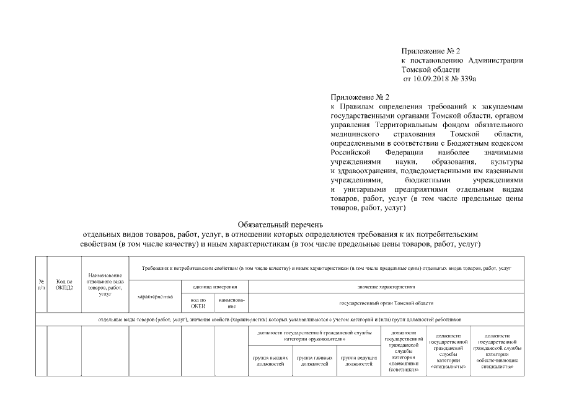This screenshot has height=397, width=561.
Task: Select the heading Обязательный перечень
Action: [x=280, y=225]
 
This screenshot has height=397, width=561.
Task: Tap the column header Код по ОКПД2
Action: [x=64, y=284]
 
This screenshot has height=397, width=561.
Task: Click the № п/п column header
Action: [x=42, y=284]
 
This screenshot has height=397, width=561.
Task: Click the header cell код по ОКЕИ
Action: [x=198, y=303]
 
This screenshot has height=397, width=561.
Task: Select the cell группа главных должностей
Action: [x=314, y=361]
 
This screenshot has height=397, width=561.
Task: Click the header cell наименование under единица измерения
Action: [x=231, y=303]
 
